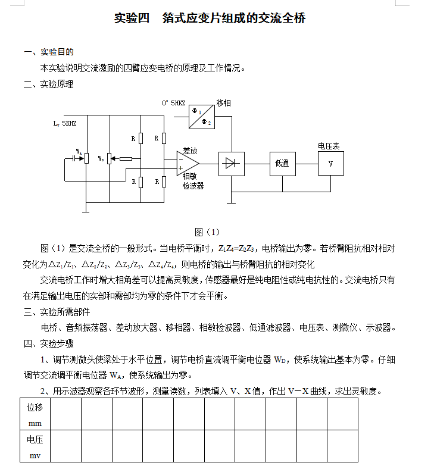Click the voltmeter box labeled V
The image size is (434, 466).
(x=330, y=163)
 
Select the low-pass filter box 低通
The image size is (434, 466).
(x=282, y=163)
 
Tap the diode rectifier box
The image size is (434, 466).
(x=232, y=163)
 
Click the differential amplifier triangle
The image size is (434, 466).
(x=188, y=162)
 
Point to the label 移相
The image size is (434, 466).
(x=224, y=103)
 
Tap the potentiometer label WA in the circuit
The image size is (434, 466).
(x=79, y=152)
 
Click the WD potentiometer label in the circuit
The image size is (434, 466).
(x=101, y=158)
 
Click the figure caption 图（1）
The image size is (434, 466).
(x=208, y=232)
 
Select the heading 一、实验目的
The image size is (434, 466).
(x=48, y=52)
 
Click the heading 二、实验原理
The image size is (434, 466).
(x=48, y=84)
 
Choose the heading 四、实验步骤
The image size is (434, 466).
(x=48, y=343)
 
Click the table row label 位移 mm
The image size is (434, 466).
(x=35, y=415)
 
